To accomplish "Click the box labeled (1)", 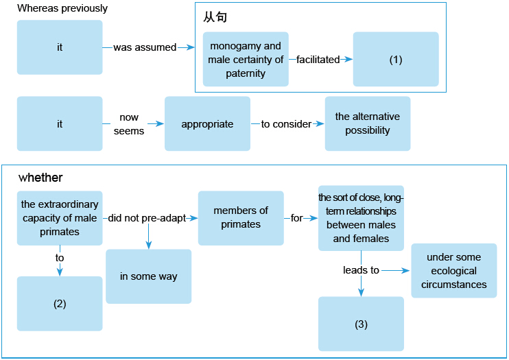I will coord(396,59).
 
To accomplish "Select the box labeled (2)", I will coord(60,304).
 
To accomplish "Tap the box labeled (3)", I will coord(361,324).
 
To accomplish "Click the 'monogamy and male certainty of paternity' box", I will coord(246,60).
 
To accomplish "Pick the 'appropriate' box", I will coord(207,124).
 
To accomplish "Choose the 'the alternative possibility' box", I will coord(368,123).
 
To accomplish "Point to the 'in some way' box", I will coord(148,276).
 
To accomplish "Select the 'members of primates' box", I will coord(241,218).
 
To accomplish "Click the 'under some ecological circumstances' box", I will coord(453,271).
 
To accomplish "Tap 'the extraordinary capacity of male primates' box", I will coord(60,218).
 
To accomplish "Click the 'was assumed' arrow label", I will coord(145,47).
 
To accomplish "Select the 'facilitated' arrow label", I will coord(318,60).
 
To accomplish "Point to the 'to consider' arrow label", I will coord(286,124).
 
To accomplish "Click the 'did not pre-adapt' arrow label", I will coord(147,218).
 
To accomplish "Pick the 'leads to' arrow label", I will coord(361,270).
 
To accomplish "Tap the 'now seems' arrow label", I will coord(129,124).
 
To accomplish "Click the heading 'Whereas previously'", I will coord(62,9).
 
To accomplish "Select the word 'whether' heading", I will coord(40,178).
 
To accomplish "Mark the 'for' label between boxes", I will coord(296,218).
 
